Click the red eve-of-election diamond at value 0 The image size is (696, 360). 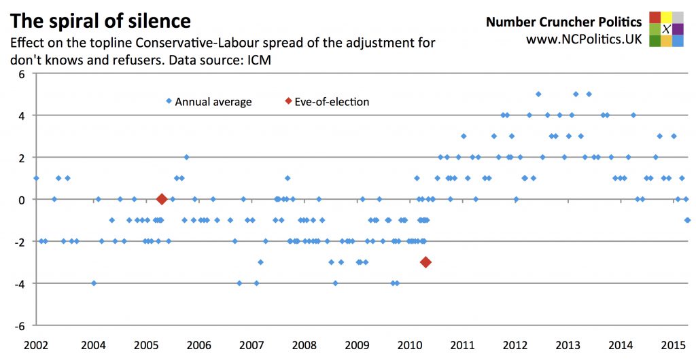point(162,199)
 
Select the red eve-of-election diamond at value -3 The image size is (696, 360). point(425,262)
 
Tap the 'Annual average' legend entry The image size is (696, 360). point(213,102)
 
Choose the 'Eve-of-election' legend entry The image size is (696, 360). point(332,102)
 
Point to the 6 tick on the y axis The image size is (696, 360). point(21,73)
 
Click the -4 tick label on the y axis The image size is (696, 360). point(19,283)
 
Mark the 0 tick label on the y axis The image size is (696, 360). point(21,199)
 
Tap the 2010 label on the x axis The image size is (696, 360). point(409,345)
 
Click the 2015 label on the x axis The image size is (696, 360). point(673,345)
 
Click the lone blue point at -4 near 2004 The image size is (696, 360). point(94,283)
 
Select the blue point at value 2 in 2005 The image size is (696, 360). point(186,157)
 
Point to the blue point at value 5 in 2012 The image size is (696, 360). point(538,94)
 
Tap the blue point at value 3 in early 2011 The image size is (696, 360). point(464,136)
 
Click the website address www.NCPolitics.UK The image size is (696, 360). point(584,39)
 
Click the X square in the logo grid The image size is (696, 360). point(667,29)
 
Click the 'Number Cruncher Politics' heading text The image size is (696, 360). point(563,22)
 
